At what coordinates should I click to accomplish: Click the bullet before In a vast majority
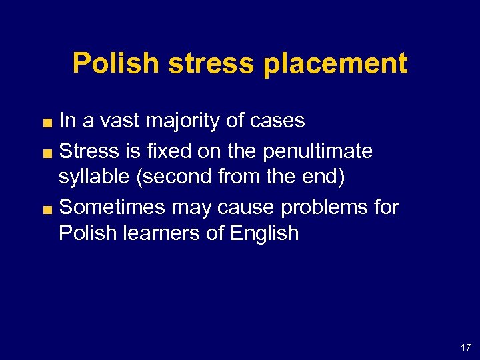point(49,122)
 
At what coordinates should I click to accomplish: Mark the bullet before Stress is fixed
point(49,153)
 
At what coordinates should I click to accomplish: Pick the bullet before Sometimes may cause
point(49,209)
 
